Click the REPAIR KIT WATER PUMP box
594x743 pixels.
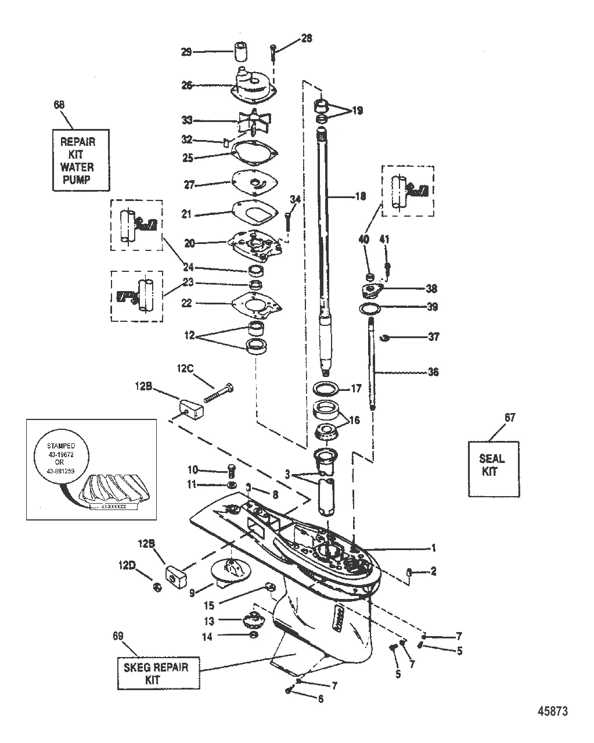[81, 160]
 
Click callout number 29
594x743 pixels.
[186, 52]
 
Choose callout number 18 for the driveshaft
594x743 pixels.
[360, 197]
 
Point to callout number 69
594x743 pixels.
[118, 636]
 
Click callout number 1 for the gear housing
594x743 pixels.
[433, 547]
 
